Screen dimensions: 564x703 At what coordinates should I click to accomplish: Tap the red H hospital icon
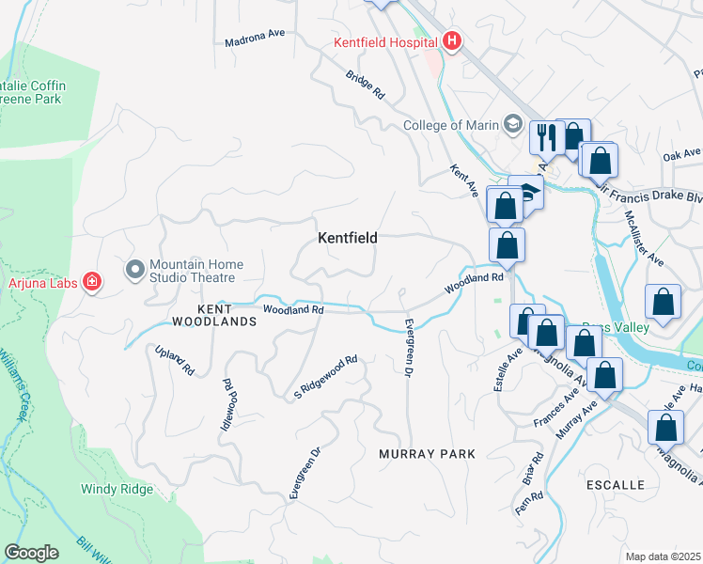tap(452, 41)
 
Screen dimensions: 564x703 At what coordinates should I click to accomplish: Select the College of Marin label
tap(452, 125)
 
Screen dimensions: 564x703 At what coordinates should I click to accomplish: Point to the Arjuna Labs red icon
tap(92, 281)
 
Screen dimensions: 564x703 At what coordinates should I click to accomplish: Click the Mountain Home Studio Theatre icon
tap(134, 271)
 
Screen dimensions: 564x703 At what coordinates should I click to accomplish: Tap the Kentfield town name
tap(347, 239)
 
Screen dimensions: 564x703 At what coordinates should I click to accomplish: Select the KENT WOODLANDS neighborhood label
tap(214, 314)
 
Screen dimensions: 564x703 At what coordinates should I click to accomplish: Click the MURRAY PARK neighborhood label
tap(427, 454)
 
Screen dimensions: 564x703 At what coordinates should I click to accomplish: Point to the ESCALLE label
tap(615, 485)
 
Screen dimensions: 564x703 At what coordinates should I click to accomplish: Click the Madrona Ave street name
tap(254, 42)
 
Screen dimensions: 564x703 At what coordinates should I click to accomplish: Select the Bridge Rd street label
tap(366, 86)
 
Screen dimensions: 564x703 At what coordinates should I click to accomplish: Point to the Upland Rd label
tap(175, 360)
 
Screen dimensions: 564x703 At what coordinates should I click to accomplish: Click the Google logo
tap(31, 553)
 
